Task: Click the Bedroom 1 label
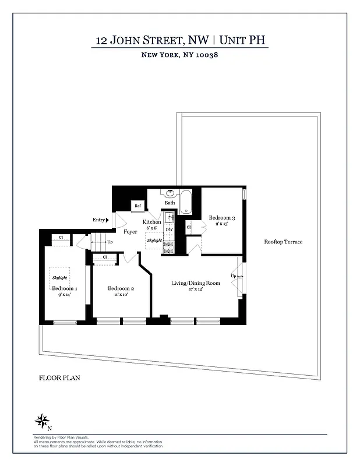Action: point(64,288)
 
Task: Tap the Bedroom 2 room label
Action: point(121,289)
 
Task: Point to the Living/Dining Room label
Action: point(195,283)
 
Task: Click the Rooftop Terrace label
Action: point(283,242)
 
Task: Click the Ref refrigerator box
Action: point(138,206)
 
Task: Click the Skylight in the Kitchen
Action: point(154,240)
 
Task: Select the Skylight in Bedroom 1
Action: point(60,277)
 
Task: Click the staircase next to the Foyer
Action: point(100,241)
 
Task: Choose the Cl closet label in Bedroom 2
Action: point(105,257)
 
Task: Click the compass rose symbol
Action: point(42,419)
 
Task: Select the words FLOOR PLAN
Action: point(59,377)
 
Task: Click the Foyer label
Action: point(129,231)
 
